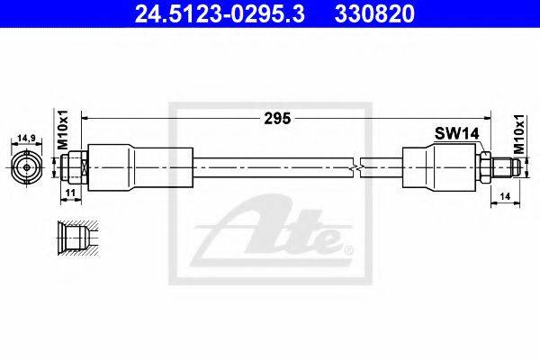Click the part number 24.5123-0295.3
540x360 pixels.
click(x=220, y=14)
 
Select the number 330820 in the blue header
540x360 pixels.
click(x=374, y=14)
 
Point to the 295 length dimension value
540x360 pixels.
click(x=277, y=119)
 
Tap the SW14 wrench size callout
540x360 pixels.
click(x=456, y=133)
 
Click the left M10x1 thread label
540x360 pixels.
click(x=63, y=130)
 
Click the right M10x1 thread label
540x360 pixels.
click(x=518, y=134)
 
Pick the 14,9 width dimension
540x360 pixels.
click(x=26, y=138)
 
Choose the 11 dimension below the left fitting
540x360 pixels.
click(x=70, y=193)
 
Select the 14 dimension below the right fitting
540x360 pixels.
click(x=505, y=196)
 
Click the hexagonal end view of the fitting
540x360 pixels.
click(x=26, y=167)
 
